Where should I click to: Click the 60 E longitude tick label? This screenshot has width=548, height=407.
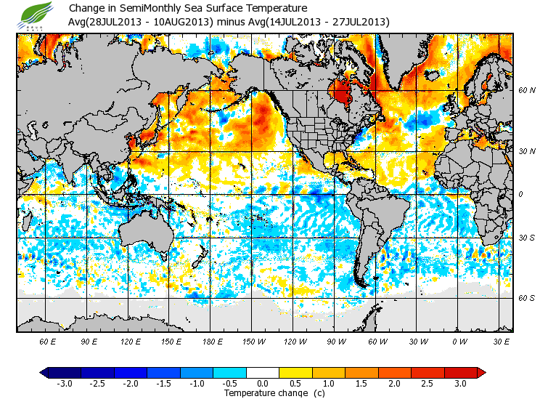pos(48,341)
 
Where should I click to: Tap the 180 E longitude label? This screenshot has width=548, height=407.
pos(213,341)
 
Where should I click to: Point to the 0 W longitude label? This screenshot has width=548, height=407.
pos(459,341)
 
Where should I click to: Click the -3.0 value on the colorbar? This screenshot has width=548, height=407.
pos(65,383)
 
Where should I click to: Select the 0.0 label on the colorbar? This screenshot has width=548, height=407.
pos(263,383)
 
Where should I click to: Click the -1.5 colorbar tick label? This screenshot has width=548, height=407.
pos(164,383)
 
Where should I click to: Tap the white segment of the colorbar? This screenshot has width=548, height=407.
pos(263,372)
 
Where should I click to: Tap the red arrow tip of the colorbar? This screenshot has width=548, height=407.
pos(481,372)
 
